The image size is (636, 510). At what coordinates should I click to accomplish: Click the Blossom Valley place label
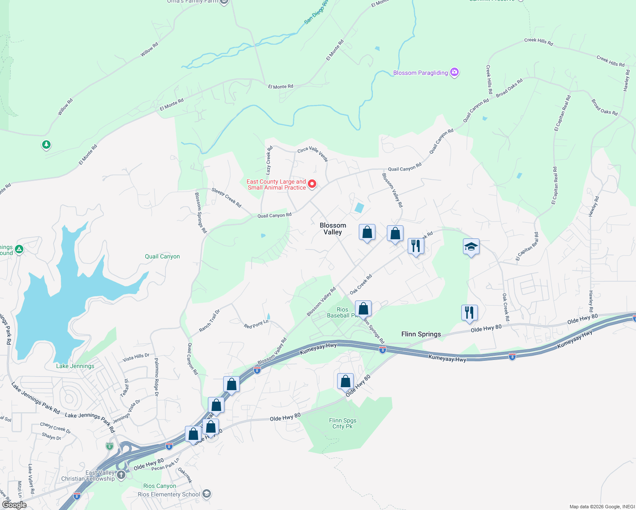point(333,229)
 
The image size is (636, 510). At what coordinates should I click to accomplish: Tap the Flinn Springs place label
point(421,334)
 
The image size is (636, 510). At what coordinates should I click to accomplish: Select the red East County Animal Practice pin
point(312,184)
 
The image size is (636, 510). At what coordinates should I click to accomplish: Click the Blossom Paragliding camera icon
point(454,72)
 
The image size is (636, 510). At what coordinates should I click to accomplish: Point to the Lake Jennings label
point(75,366)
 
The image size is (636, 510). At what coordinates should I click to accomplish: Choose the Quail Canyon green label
point(162,256)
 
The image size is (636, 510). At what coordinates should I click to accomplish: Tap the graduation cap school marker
point(471,247)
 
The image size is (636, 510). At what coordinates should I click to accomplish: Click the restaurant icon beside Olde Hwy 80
point(469,313)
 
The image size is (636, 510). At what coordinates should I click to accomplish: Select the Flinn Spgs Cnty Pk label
point(343,423)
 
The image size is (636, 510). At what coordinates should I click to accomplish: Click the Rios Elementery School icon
point(207,494)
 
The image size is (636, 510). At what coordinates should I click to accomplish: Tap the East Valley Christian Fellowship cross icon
point(121,475)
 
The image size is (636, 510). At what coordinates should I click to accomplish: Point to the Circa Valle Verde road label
point(312,154)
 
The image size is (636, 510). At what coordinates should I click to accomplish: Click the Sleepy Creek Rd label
point(226,198)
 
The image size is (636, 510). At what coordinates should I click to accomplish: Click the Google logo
point(14,505)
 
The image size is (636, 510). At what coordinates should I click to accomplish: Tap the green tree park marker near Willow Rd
point(46,145)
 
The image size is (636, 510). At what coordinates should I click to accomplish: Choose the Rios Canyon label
point(159,486)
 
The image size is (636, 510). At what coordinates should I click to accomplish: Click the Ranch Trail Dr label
point(210,321)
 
